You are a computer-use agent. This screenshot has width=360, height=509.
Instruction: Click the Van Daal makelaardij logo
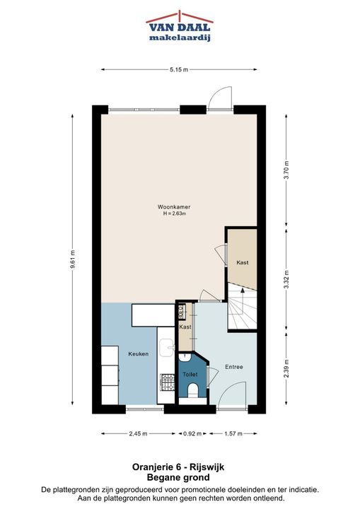click(x=180, y=26)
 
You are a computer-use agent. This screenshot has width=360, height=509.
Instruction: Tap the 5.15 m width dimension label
click(x=179, y=69)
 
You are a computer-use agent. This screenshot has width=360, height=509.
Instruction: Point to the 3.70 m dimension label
click(x=286, y=170)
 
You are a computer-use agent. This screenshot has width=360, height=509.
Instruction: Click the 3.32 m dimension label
click(x=286, y=279)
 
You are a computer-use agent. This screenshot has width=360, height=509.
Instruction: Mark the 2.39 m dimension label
click(x=286, y=369)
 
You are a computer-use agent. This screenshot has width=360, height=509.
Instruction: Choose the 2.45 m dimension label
click(x=138, y=433)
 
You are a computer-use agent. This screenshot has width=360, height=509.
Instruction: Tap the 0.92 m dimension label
click(x=192, y=433)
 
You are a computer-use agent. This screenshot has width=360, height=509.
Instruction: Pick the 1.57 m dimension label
click(x=233, y=433)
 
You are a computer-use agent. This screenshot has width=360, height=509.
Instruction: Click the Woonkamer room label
click(x=174, y=206)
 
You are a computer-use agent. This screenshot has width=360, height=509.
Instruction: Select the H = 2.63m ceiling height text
click(x=175, y=213)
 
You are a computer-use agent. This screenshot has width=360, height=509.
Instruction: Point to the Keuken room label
click(x=139, y=354)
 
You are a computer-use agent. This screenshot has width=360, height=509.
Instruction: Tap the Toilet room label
click(x=190, y=374)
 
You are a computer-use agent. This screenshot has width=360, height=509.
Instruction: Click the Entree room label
click(x=234, y=367)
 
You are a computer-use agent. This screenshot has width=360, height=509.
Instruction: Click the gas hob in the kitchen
click(x=168, y=382)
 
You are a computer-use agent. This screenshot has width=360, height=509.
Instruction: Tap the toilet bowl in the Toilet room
click(x=193, y=390)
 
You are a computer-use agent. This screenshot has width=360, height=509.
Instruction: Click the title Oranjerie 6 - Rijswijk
click(x=178, y=467)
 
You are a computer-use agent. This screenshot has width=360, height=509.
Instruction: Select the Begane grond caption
click(x=178, y=477)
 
